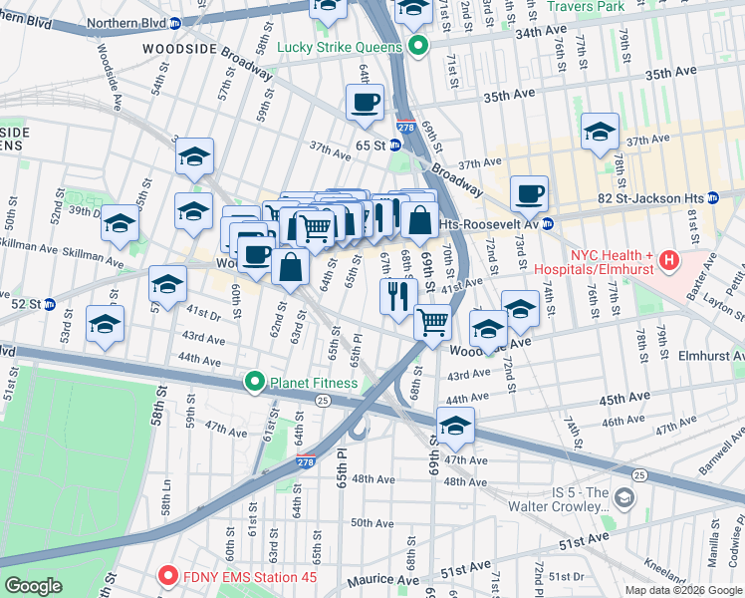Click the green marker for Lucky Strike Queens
418,46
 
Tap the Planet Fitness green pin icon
255,382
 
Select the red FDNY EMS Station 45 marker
167,576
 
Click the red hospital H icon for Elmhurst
669,261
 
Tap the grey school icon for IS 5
623,496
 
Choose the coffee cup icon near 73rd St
530,192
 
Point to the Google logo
34,587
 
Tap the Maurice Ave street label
382,579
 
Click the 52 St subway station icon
49,303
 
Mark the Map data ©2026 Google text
683,590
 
